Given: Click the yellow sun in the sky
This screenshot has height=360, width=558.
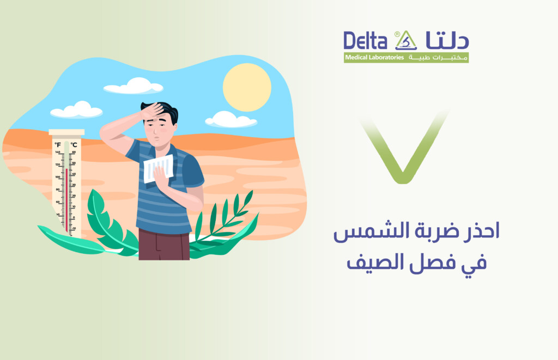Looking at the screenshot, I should coord(247,87).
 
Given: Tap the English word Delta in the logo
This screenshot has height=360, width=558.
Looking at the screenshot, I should coord(365,41).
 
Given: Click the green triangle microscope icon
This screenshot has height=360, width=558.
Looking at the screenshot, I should coord(406,41).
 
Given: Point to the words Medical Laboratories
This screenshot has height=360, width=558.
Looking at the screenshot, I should coord(374,58).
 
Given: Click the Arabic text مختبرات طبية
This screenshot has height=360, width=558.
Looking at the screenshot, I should coord(438,58).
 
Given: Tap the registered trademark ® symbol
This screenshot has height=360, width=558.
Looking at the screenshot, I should coord(397,33).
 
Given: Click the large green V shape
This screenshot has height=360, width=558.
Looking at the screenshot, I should coord(404,148).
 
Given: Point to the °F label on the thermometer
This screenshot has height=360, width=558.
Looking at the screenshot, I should coord(58,145).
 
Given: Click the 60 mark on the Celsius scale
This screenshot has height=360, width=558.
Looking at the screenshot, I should coord(74,152).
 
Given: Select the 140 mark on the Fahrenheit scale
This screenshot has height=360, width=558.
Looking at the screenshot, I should coord(57,152).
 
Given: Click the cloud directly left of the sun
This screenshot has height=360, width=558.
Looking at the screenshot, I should coord(134,86).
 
